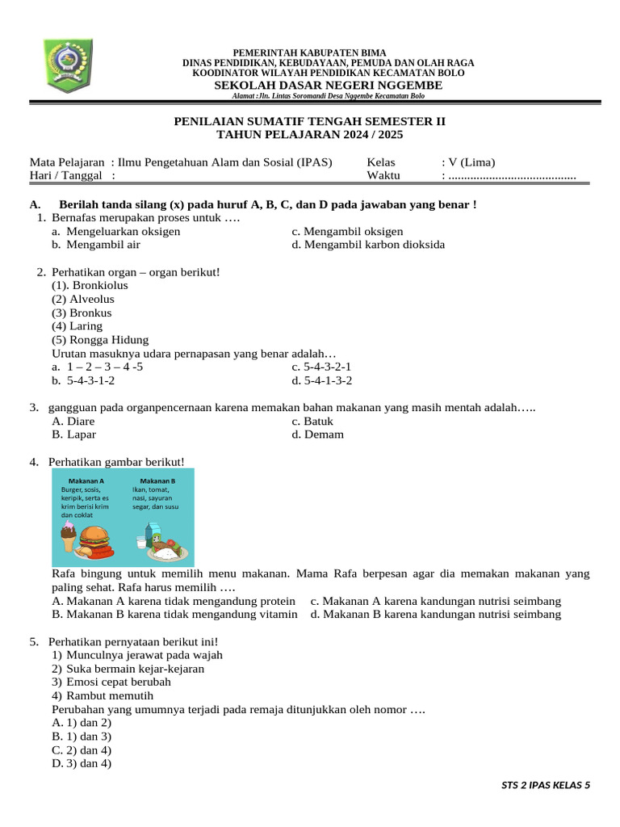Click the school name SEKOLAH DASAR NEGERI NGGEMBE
pyautogui.click(x=328, y=85)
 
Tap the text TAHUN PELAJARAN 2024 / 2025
pyautogui.click(x=310, y=135)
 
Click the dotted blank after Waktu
pyautogui.click(x=511, y=176)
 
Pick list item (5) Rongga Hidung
pyautogui.click(x=100, y=340)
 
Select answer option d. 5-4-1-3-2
pyautogui.click(x=322, y=380)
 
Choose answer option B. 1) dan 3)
pyautogui.click(x=82, y=737)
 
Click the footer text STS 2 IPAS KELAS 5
pyautogui.click(x=546, y=784)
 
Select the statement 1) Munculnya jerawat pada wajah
pyautogui.click(x=137, y=655)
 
